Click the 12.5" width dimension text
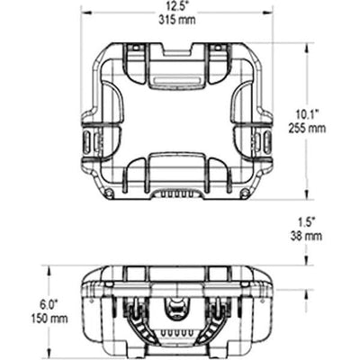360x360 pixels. coord(177,6)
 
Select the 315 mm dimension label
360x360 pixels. coord(177,20)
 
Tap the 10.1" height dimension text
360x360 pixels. coord(307,115)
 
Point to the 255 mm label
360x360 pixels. coord(307,129)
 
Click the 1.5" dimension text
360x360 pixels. coord(307,222)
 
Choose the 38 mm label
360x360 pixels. coord(306,236)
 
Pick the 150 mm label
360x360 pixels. coord(49,319)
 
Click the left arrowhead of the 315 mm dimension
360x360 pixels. coord(86,13)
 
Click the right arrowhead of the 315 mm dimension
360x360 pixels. coord(267,13)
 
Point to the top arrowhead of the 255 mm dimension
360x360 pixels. coord(306,48)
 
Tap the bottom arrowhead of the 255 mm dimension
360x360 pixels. coord(306,195)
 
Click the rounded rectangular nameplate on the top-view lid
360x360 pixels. coord(176,81)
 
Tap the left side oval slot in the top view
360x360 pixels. coord(87,141)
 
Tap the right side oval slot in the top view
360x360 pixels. coord(267,141)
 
